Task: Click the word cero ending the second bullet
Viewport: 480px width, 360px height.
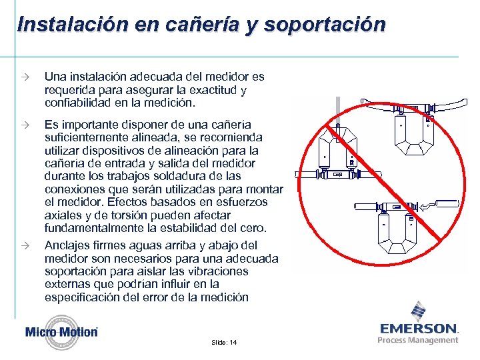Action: click(254, 229)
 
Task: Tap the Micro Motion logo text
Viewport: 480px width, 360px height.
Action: click(61, 332)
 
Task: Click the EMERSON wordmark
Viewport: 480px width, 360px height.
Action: click(419, 329)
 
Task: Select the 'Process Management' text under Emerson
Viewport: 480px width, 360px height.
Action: click(418, 340)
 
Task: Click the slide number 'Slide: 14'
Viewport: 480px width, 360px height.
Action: click(224, 342)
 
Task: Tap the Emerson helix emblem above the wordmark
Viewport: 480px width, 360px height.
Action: click(419, 311)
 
